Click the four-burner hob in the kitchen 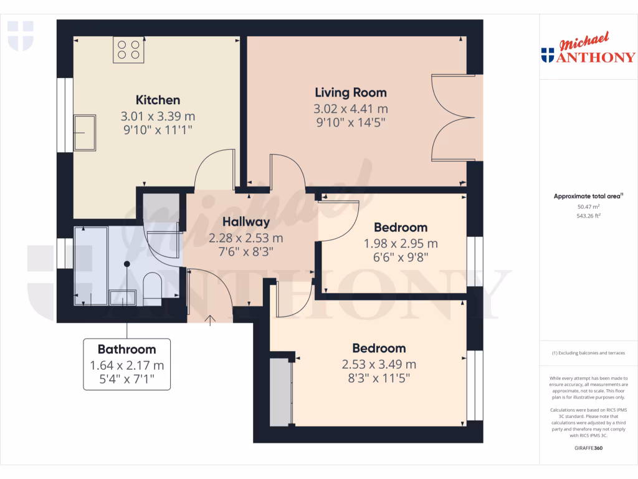(129, 49)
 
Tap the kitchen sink (85, 133)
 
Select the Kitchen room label (158, 100)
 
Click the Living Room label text (350, 92)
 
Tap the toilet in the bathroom (152, 289)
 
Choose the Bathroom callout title (126, 349)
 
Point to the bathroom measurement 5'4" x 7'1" (126, 379)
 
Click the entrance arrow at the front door (210, 320)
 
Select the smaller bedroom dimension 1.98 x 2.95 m (401, 243)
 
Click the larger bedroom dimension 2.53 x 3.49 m (379, 364)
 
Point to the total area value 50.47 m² (588, 206)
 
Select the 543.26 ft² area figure (588, 216)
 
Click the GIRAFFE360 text (588, 448)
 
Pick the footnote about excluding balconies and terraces (588, 353)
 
